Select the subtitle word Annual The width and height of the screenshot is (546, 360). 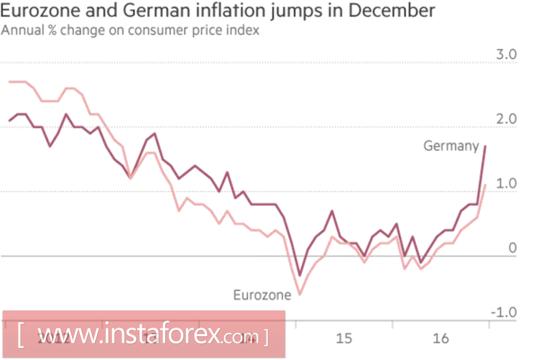click(21, 30)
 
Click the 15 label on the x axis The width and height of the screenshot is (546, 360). click(344, 338)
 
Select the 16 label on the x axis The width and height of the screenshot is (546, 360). click(441, 338)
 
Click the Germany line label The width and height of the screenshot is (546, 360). click(450, 146)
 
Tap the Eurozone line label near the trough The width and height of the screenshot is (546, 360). click(262, 294)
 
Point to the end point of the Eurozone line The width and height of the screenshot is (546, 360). click(486, 185)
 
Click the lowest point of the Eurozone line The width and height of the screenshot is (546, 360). click(300, 295)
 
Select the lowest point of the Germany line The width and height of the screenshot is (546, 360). click(300, 275)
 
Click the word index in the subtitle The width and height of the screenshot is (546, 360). click(246, 30)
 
